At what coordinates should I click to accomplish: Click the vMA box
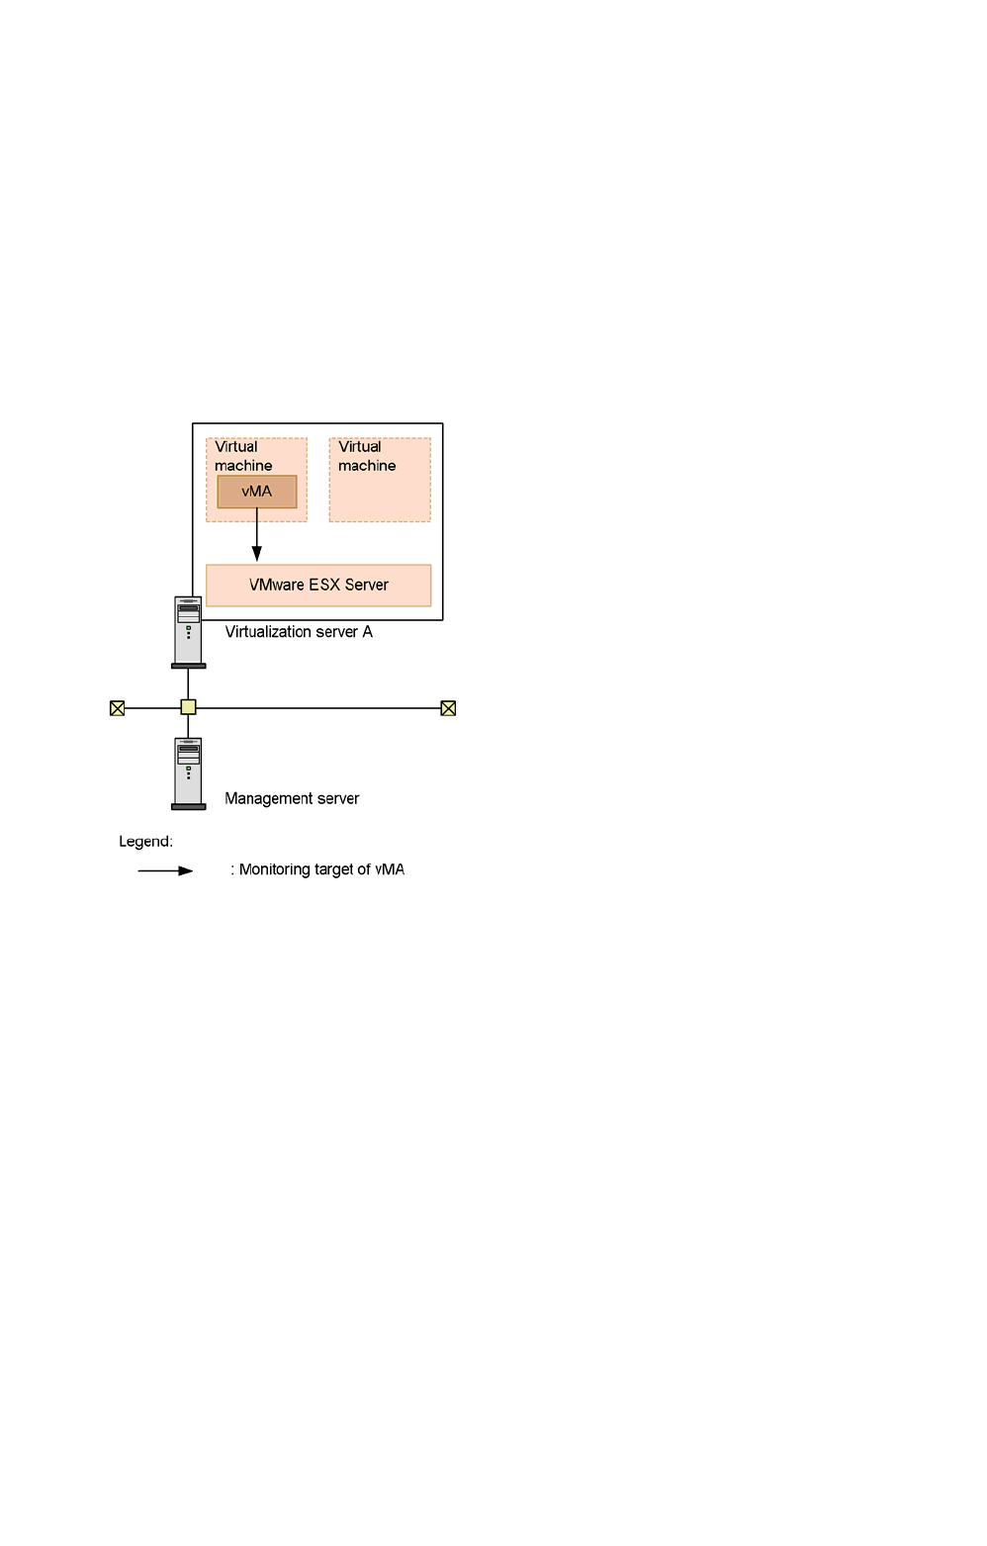(257, 492)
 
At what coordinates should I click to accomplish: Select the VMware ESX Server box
(318, 586)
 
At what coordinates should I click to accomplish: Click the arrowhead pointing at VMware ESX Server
(257, 553)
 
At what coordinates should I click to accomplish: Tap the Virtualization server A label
(298, 631)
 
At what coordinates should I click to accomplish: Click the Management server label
(292, 798)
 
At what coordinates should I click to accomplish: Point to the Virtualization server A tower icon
(189, 632)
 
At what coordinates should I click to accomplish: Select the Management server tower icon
(189, 773)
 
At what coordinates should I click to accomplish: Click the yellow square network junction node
(189, 707)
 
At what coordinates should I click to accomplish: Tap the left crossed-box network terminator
(118, 708)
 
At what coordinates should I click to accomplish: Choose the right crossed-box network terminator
(448, 708)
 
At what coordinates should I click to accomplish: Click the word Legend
(145, 842)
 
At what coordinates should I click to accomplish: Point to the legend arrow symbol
(165, 871)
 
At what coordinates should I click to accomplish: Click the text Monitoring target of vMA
(321, 869)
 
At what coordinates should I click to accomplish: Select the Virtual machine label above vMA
(243, 456)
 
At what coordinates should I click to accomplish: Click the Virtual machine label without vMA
(367, 456)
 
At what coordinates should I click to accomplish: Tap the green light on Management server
(189, 769)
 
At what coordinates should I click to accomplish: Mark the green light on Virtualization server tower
(189, 627)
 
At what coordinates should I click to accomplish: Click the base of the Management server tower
(189, 807)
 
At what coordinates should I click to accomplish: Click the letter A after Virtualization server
(367, 631)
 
